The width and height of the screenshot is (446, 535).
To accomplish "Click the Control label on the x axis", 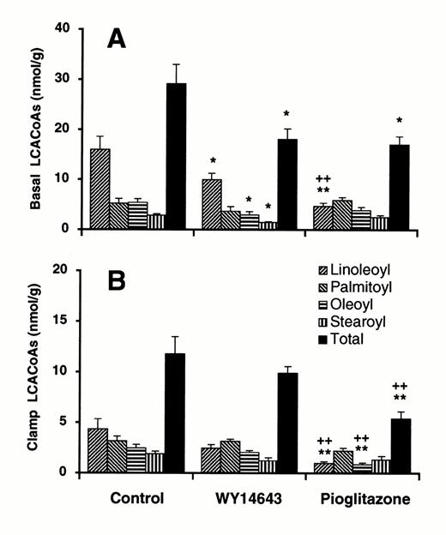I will [137, 498].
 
